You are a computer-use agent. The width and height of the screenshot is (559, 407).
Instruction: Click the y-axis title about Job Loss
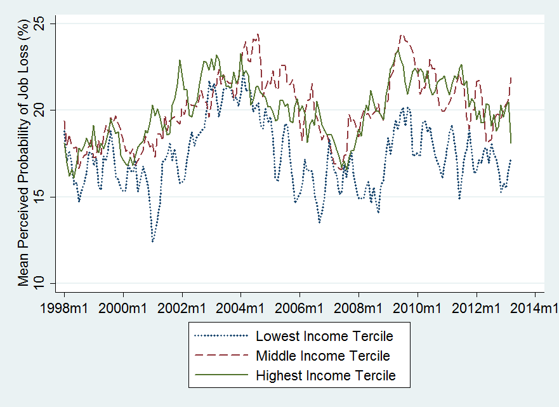tap(23, 153)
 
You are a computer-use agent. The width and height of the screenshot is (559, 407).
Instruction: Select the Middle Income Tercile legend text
tap(322, 356)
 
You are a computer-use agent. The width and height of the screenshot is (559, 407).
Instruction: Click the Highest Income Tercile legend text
tap(326, 375)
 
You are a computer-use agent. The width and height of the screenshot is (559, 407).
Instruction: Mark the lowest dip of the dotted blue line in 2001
tap(152, 241)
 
